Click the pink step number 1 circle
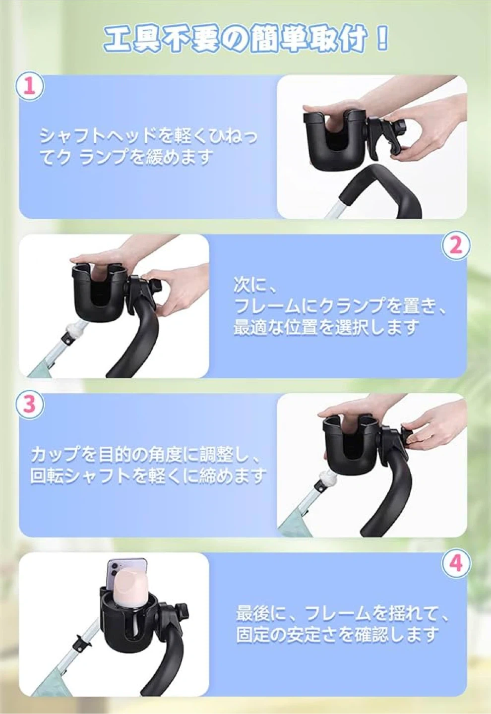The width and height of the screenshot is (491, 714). pos(30,87)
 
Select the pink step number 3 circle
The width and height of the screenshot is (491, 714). pos(30,404)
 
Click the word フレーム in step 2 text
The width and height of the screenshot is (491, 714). pos(273,306)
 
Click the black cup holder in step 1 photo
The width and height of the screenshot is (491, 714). pos(333,134)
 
